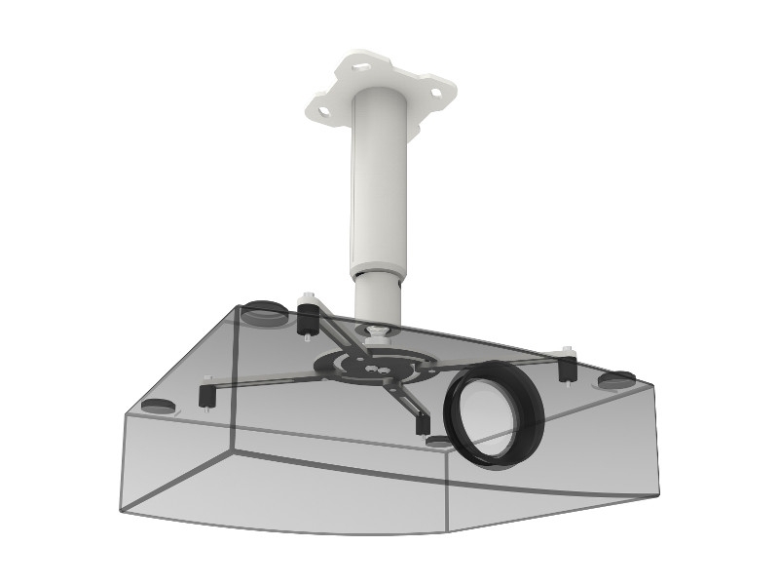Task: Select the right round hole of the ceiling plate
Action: click(434, 95)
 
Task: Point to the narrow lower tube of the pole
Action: click(377, 297)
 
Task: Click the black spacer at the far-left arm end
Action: click(206, 394)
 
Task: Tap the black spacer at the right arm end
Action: click(566, 368)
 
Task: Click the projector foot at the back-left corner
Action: click(263, 313)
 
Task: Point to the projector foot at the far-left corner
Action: click(155, 405)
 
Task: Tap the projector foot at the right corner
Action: click(614, 379)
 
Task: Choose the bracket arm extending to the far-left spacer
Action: click(263, 381)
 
